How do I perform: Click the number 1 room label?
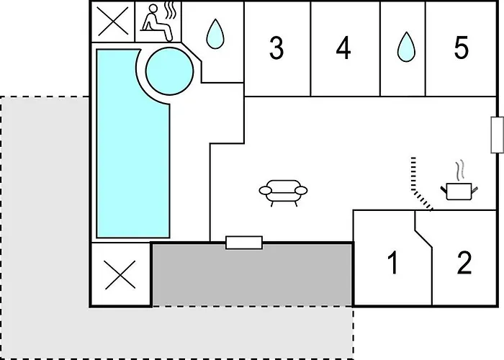click(x=393, y=262)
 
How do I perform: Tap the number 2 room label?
click(x=464, y=262)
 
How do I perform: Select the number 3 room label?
click(x=276, y=48)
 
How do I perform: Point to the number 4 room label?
click(x=343, y=48)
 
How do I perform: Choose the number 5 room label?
click(x=462, y=48)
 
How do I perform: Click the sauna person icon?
click(x=157, y=22)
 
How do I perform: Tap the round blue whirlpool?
click(x=170, y=71)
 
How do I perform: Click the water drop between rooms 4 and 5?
click(x=406, y=47)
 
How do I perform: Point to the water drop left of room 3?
click(x=215, y=34)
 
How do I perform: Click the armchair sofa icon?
click(x=283, y=192)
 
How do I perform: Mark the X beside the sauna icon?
click(x=113, y=22)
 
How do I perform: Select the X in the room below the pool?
click(x=120, y=275)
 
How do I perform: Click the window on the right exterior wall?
click(x=497, y=135)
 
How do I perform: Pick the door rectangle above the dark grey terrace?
click(x=244, y=243)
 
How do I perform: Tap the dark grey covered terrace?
click(x=252, y=275)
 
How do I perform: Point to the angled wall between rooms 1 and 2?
click(x=423, y=238)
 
